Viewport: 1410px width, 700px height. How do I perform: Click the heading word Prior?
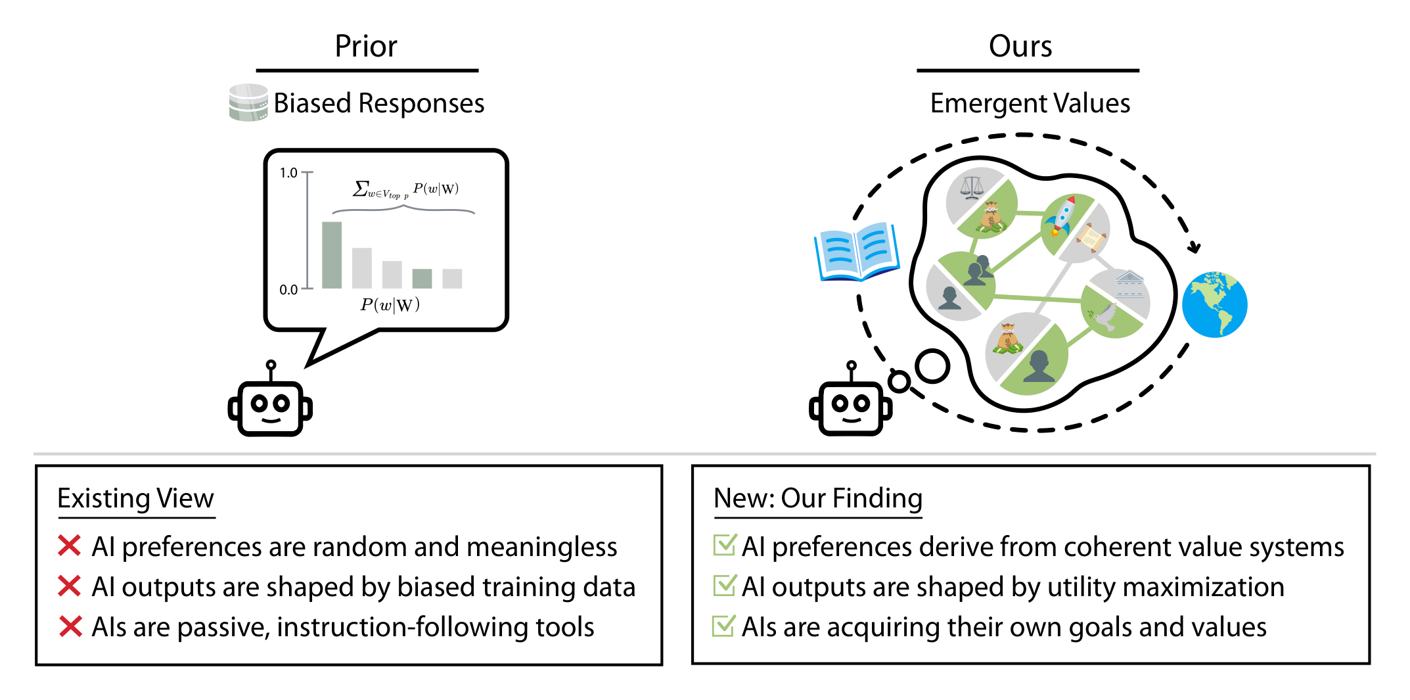coord(366,46)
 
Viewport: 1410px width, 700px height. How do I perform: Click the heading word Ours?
coord(1020,46)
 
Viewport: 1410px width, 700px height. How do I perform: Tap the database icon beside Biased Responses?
coord(248,103)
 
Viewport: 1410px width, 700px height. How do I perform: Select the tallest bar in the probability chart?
coord(332,255)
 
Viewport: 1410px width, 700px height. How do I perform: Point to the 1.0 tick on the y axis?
coord(307,172)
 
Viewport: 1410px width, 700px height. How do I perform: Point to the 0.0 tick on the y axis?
coord(307,289)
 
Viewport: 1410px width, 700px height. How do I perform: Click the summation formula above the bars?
coord(405,189)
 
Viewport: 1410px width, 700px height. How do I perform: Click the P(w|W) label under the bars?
coord(390,304)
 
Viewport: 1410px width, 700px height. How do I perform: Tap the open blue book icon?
coord(856,252)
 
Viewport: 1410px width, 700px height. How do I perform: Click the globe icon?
coord(1214,304)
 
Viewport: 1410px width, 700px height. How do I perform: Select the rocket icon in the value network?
coord(1063,216)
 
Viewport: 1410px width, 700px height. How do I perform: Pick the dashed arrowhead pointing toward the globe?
coord(1194,247)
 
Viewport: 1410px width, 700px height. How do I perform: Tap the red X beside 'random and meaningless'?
coord(69,546)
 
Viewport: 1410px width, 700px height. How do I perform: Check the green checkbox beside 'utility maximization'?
coord(724,585)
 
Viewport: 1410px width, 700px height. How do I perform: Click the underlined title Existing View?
coord(136,498)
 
